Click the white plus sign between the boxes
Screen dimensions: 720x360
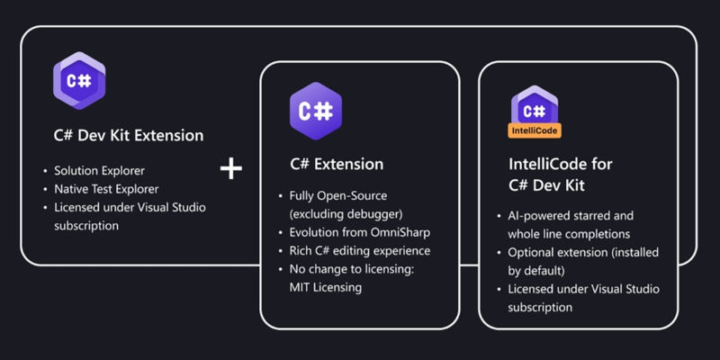click(x=231, y=168)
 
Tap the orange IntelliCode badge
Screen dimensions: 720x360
click(x=535, y=130)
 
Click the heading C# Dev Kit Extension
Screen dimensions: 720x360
click(x=129, y=136)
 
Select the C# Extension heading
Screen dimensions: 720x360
click(x=336, y=164)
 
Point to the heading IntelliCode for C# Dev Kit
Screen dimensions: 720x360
click(x=560, y=175)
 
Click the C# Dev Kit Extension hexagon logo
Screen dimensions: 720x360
click(x=79, y=80)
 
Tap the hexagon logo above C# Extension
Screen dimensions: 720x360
click(x=316, y=111)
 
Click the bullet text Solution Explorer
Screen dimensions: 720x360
click(x=99, y=171)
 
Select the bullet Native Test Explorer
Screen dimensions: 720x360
click(x=106, y=189)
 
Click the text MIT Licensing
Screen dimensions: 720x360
click(x=325, y=288)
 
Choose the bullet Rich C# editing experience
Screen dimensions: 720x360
click(x=359, y=251)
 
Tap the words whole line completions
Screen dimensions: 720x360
click(x=569, y=234)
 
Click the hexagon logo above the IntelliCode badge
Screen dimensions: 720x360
click(x=535, y=107)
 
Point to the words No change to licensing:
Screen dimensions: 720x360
click(x=352, y=269)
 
